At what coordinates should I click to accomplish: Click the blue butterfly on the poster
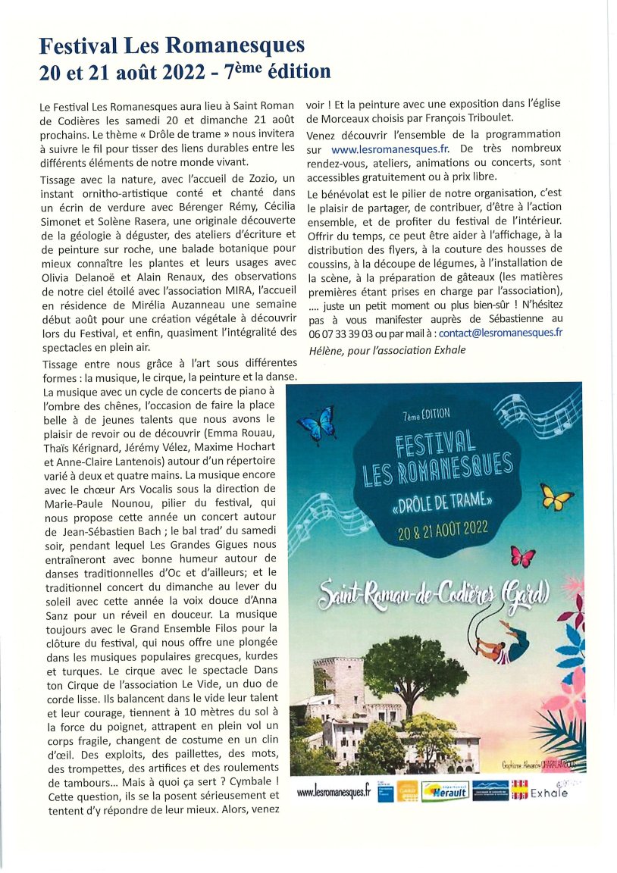click(x=317, y=424)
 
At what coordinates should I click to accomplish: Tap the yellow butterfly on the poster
click(x=557, y=497)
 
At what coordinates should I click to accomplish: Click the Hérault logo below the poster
click(x=445, y=790)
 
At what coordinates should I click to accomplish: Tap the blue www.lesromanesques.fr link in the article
click(x=383, y=150)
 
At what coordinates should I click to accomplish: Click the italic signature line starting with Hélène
click(x=387, y=349)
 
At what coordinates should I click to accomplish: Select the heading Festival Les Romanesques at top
click(x=172, y=47)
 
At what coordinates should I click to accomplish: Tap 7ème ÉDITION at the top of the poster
click(x=428, y=414)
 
